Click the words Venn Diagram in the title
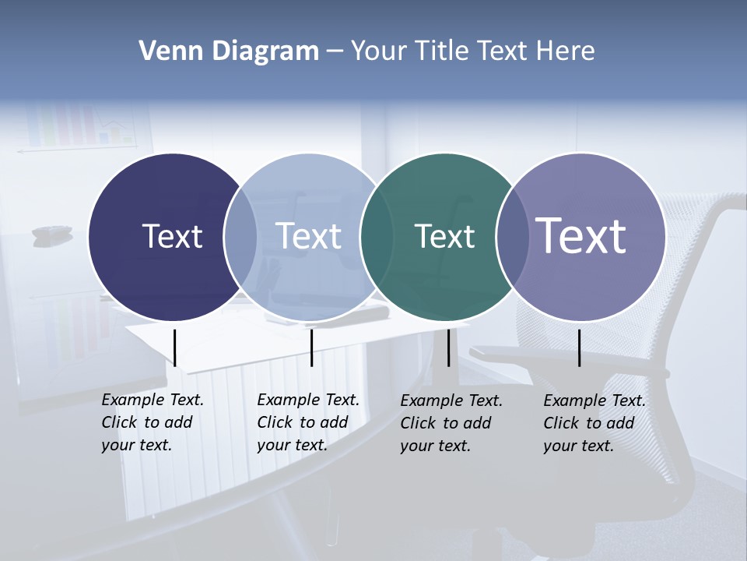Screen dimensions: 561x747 coord(229,51)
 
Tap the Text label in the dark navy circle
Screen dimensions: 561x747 coord(172,236)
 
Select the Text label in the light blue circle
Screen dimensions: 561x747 coord(308,236)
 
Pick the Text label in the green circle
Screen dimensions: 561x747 coord(444,236)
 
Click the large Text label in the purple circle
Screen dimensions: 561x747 coord(581,235)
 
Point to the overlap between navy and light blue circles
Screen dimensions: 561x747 coord(240,237)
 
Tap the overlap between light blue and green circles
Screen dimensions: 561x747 coord(375,237)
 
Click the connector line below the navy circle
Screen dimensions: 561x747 coord(175,348)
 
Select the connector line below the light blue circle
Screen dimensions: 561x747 coord(311,348)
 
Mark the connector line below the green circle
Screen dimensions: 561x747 coord(448,348)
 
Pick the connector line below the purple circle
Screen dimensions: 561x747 coord(579,348)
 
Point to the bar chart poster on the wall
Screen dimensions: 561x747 coord(82,125)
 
